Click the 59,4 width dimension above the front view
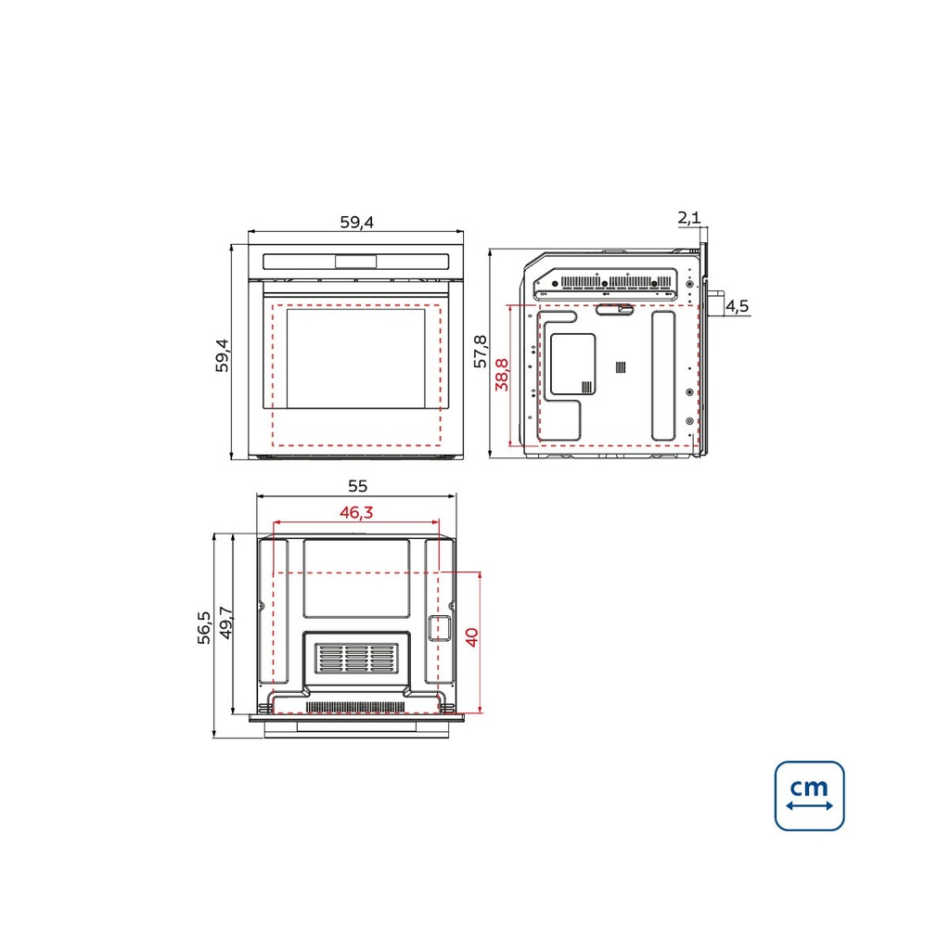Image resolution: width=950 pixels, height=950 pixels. tap(356, 222)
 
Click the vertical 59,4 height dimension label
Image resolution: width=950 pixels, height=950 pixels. tap(223, 355)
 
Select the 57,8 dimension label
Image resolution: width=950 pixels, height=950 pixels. tap(480, 351)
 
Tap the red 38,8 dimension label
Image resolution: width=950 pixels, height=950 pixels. tap(502, 375)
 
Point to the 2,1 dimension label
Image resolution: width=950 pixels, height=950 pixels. tap(688, 217)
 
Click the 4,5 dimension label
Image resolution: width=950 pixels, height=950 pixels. tap(738, 306)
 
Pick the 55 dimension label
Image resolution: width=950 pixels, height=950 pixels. tap(357, 486)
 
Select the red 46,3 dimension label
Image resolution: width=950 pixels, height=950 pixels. tap(356, 512)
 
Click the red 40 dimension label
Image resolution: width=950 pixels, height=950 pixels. tap(471, 637)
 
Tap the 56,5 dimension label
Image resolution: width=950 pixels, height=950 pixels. tap(204, 627)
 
